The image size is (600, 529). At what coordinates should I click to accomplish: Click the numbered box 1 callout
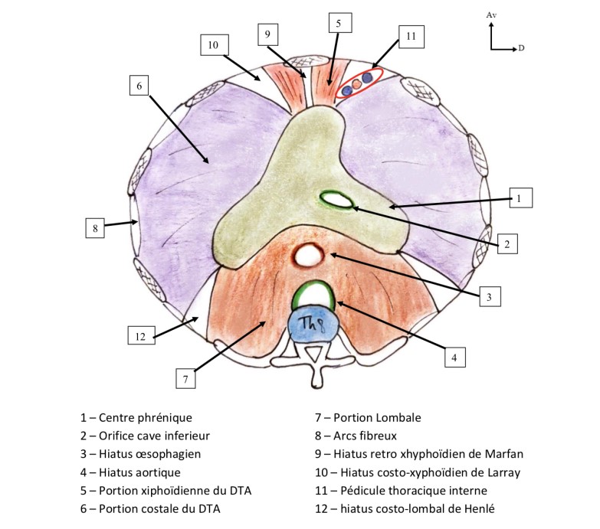pos(519,198)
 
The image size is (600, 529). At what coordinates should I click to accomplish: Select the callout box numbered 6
pos(139,87)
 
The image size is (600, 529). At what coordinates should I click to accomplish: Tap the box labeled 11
pos(411,36)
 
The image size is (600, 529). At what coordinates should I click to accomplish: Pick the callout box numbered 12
pos(139,335)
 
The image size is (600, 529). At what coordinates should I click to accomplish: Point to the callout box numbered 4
pos(455,356)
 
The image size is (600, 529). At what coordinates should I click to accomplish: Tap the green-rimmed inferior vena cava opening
pos(336,200)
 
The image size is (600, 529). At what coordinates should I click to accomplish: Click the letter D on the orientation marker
pos(521,48)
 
